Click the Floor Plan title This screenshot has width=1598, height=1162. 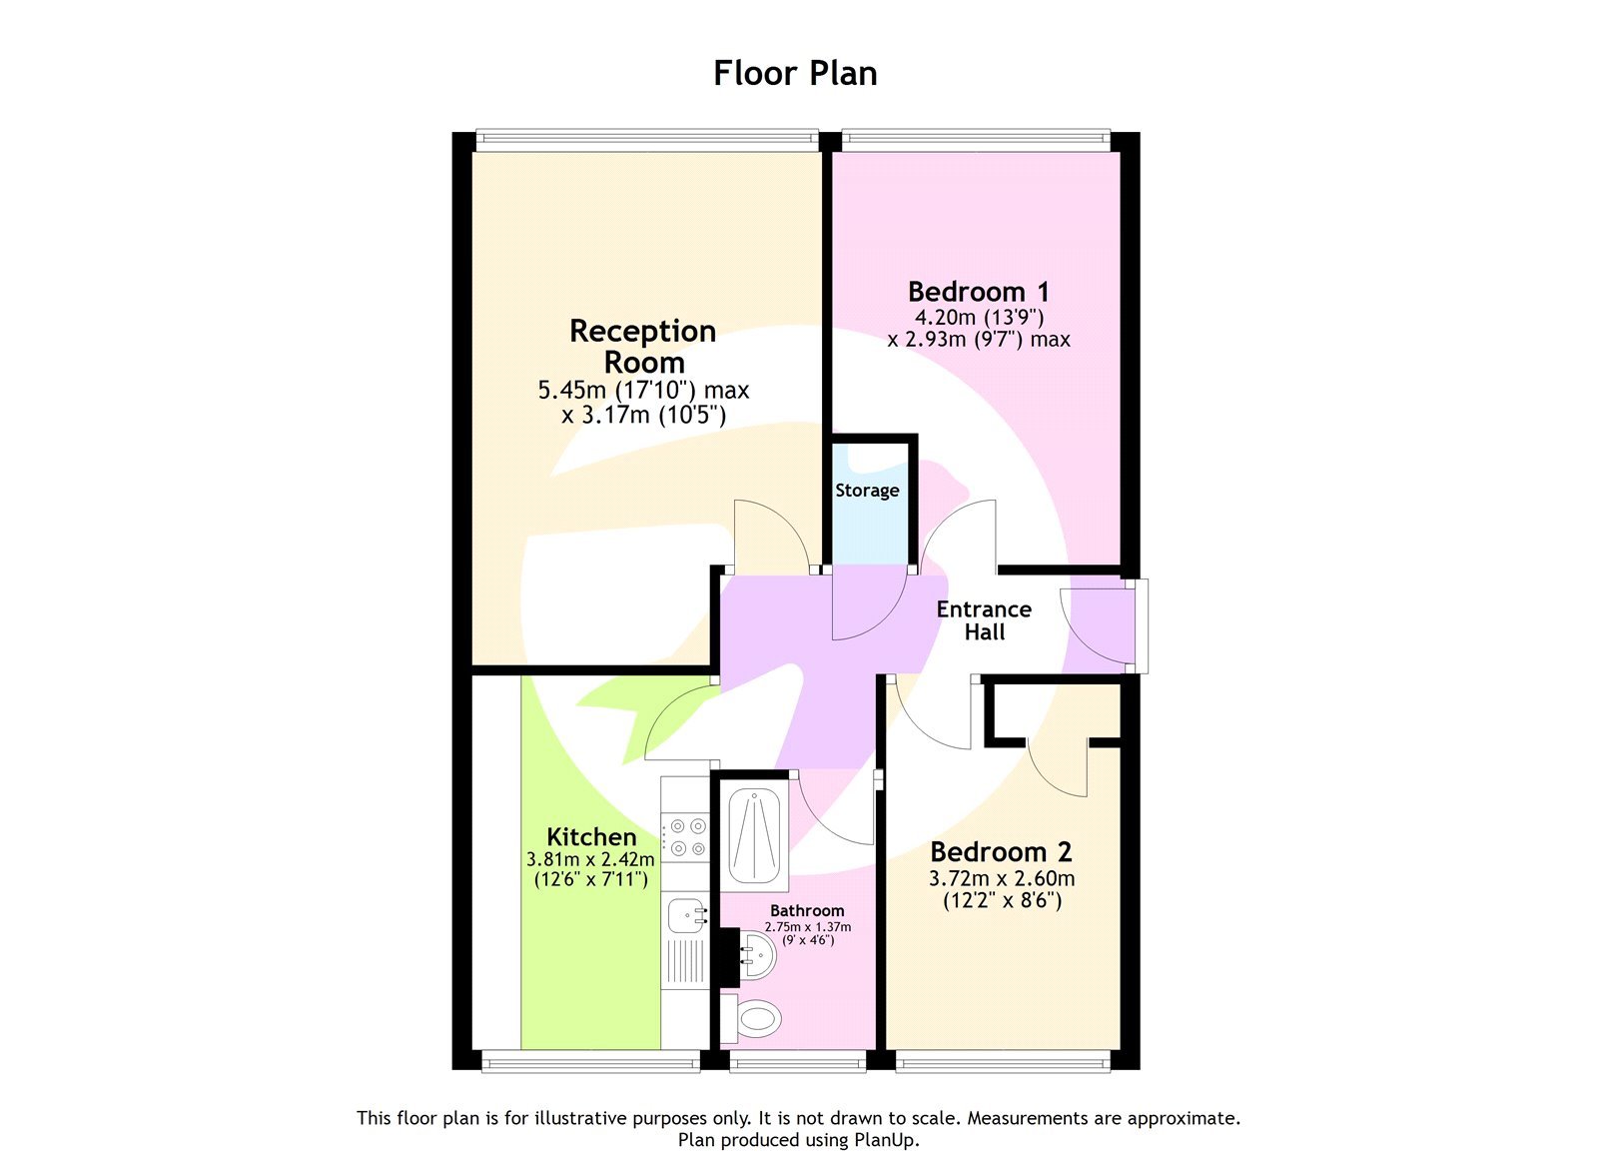tap(795, 73)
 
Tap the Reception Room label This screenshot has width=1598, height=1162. tap(643, 346)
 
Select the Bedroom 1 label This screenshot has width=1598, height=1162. tap(978, 292)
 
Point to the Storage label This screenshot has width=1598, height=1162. tap(867, 491)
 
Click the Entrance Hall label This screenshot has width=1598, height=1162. tap(984, 620)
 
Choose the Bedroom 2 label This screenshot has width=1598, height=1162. tap(1001, 852)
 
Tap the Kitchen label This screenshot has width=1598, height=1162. tap(591, 837)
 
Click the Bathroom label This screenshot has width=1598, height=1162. tap(807, 910)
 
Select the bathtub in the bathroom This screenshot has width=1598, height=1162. tap(754, 837)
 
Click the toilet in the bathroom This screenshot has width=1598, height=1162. tap(756, 1019)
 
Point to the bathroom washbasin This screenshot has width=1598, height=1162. tap(758, 959)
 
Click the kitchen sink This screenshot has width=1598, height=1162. tap(687, 914)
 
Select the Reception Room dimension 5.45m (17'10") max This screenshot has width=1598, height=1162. tap(643, 391)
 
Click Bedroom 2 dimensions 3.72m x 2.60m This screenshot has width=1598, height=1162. tap(1002, 879)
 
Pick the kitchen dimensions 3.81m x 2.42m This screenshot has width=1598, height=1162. tap(590, 860)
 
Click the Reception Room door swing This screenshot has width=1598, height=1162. tap(771, 535)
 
